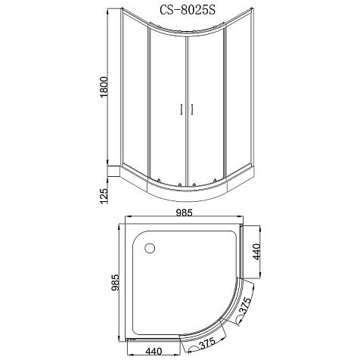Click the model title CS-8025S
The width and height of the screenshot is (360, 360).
[x=188, y=10]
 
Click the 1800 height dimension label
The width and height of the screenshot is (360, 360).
[x=104, y=87]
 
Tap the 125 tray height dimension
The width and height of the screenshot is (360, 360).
[x=104, y=196]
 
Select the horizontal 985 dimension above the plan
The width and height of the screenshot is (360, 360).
[x=184, y=213]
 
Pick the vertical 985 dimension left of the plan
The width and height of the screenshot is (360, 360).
[x=116, y=283]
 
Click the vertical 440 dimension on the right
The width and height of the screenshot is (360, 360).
[x=256, y=252]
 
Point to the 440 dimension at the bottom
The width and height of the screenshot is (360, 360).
[x=154, y=351]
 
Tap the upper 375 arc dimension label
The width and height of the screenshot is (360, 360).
[x=245, y=306]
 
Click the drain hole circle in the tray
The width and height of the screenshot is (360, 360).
[x=150, y=248]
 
